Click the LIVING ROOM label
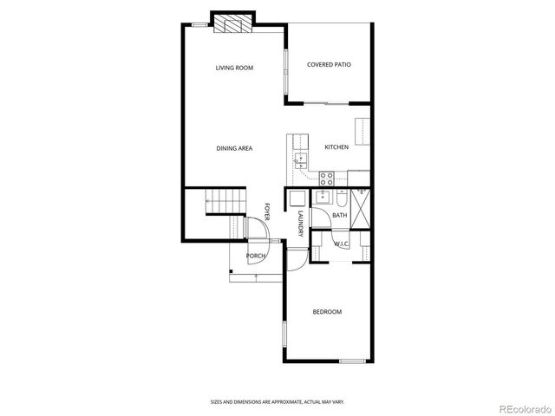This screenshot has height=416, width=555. [234, 67]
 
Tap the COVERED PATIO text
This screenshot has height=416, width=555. [329, 65]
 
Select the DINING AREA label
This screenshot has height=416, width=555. [234, 148]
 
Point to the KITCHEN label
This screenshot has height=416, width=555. [336, 147]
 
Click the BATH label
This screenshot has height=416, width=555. [339, 215]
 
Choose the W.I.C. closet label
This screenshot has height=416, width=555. [341, 244]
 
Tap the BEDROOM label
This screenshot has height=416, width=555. [327, 312]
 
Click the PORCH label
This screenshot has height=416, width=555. [256, 256]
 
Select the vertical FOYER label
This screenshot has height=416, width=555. [267, 211]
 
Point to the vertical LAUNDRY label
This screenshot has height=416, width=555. [299, 224]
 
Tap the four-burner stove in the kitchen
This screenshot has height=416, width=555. [327, 179]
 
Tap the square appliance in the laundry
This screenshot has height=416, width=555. [297, 198]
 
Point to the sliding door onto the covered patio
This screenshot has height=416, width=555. [328, 103]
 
